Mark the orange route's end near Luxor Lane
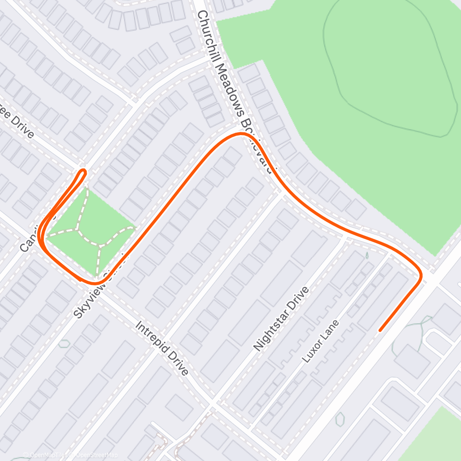pos(380,330)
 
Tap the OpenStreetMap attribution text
pos(94,455)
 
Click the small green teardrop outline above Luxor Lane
pos(367,254)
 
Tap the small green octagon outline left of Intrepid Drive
pos(65,343)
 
